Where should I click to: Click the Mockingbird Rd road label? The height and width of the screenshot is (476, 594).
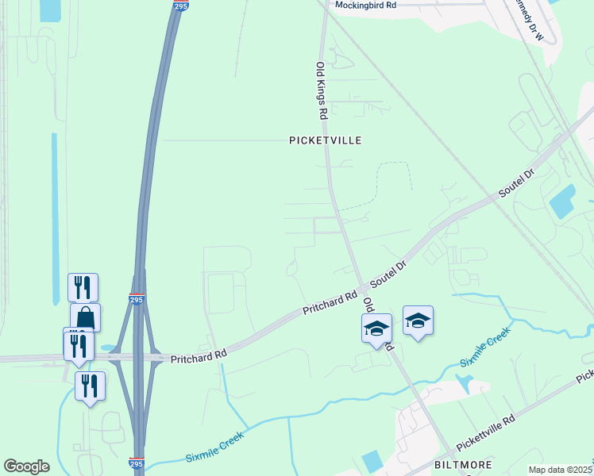coord(365,5)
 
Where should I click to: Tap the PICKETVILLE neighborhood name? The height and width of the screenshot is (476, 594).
coord(325,140)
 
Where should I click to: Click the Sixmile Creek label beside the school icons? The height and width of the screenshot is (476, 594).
coord(486,350)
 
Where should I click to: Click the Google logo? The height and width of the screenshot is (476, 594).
coord(26,466)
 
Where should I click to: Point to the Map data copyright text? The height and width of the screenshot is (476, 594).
coord(560,470)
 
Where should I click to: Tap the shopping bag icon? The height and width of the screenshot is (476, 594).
coord(85,317)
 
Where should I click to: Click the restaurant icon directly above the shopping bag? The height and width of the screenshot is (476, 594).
coord(83,286)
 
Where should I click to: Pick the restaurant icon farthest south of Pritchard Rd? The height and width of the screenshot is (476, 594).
coord(90,386)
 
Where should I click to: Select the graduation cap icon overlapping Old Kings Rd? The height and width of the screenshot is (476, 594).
coord(376,328)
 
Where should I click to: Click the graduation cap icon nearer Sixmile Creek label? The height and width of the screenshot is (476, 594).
coord(418,320)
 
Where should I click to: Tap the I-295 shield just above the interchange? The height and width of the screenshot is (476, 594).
coord(137,299)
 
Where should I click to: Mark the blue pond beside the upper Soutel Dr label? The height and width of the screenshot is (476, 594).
coord(563,202)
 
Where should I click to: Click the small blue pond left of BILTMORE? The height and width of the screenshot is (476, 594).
coord(371,461)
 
